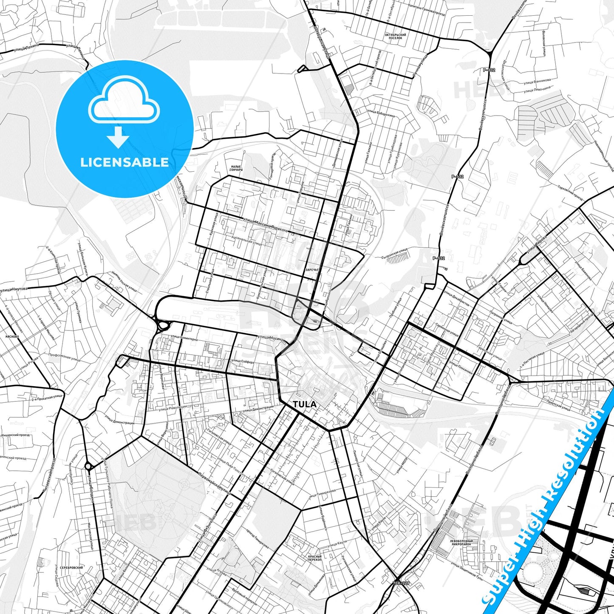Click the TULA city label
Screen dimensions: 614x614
click(305, 404)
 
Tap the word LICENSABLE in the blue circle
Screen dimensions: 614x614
click(124, 162)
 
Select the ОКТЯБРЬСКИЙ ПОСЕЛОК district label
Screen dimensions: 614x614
click(395, 36)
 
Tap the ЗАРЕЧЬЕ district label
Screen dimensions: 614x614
click(312, 270)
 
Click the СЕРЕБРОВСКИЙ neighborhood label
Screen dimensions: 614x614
click(71, 567)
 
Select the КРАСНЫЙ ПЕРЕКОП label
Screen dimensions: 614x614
click(315, 558)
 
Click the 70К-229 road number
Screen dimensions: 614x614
click(401, 583)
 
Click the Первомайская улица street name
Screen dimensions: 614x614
click(214, 483)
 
